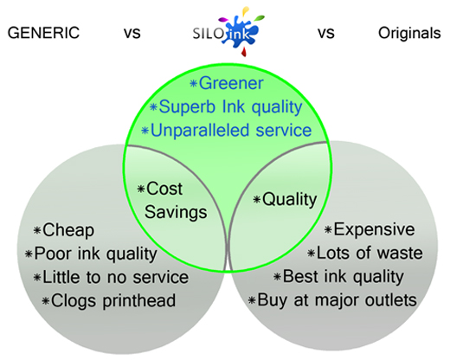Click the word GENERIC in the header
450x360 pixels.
(x=43, y=33)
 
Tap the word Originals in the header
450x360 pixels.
(x=409, y=33)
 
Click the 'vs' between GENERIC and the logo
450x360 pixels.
(x=132, y=34)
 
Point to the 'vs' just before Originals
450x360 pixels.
(x=326, y=34)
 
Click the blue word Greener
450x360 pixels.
(x=231, y=83)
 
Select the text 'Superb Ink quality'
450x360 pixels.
(x=230, y=107)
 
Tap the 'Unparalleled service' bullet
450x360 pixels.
(x=231, y=131)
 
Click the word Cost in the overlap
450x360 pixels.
(x=164, y=189)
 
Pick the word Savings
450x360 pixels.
(x=176, y=213)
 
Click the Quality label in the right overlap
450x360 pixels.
(x=290, y=200)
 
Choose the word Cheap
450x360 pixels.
(x=68, y=230)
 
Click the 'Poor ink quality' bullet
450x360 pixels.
(x=96, y=254)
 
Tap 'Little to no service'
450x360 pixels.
(x=116, y=277)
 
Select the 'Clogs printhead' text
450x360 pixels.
(x=113, y=301)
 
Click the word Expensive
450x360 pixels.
(x=374, y=230)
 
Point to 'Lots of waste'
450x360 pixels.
(x=370, y=254)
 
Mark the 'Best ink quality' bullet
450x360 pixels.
(x=344, y=277)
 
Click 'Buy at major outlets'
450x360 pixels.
(x=337, y=300)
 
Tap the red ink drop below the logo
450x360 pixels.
(x=244, y=51)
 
